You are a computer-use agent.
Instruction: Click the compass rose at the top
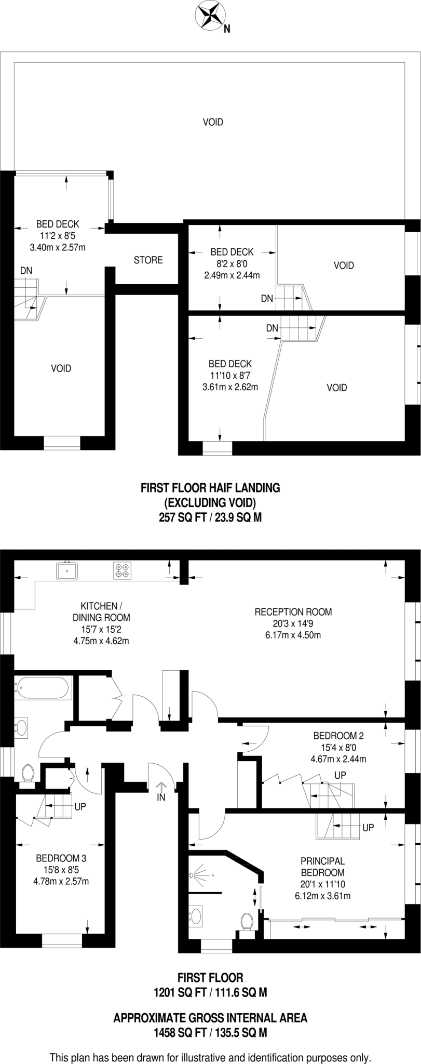(211, 15)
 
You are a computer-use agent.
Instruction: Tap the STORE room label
(148, 260)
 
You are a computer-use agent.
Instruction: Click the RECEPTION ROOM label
(293, 611)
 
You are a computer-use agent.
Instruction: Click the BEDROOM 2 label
(338, 736)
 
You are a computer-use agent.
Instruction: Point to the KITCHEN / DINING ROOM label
(101, 611)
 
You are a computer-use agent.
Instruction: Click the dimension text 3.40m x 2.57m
(58, 247)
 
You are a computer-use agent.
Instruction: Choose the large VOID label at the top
(213, 122)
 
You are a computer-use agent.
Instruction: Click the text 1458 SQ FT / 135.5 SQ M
(210, 1019)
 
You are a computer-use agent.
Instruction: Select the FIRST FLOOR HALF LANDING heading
(210, 488)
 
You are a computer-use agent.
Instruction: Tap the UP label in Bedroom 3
(80, 807)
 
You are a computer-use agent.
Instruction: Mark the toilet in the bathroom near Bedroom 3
(28, 773)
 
